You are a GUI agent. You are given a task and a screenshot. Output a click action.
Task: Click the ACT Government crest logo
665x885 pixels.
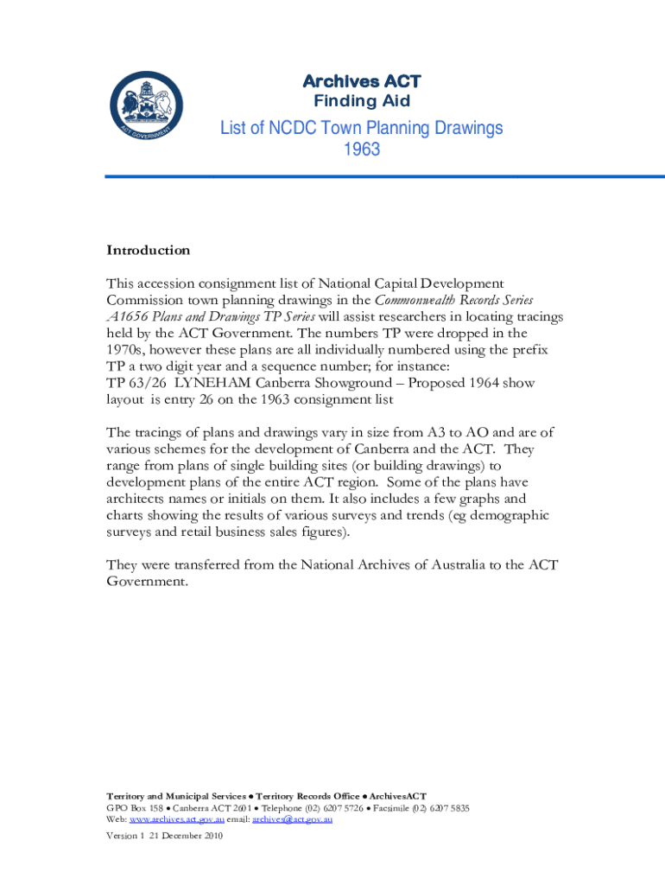coord(145,109)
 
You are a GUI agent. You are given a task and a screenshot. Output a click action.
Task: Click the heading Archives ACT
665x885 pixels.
coord(361,81)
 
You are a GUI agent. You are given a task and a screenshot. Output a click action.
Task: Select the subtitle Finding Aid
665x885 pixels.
coord(361,102)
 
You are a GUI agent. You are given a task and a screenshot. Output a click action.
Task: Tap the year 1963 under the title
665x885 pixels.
coord(361,150)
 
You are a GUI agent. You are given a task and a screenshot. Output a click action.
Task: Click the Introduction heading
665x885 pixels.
coord(148,251)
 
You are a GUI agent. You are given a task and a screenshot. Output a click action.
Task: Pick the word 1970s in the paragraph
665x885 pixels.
coord(127,349)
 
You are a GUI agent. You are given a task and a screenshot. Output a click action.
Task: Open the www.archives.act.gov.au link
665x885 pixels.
coord(177,819)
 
